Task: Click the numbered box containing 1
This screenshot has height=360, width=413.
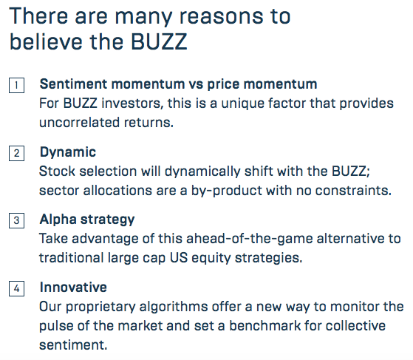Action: [x=16, y=85]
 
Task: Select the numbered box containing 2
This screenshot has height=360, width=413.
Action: [x=16, y=153]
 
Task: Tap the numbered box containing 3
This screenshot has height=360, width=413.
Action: [x=16, y=220]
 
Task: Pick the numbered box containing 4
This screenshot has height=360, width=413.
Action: [x=16, y=288]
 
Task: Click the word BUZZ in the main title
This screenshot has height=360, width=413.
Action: [x=159, y=41]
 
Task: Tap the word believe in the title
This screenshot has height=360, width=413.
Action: [x=47, y=41]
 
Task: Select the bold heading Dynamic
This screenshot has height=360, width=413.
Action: [x=68, y=152]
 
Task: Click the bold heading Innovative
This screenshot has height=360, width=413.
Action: [x=73, y=287]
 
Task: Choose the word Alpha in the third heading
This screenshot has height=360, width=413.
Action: [x=58, y=220]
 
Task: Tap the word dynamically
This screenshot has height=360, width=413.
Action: [x=202, y=171]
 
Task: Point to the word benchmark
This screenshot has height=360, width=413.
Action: [x=264, y=325]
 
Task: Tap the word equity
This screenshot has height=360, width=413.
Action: [x=211, y=258]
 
